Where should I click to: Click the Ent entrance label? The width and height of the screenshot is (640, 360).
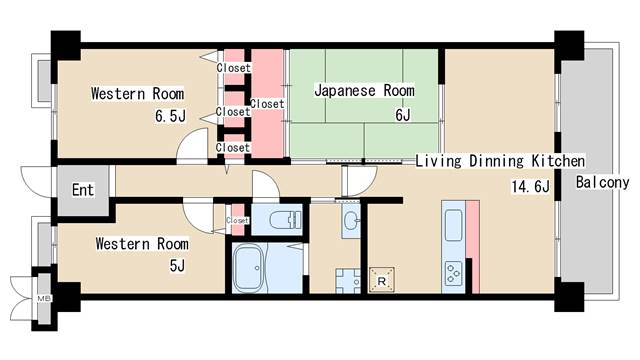coord(82,190)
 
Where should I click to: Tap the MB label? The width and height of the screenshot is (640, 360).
coord(44,298)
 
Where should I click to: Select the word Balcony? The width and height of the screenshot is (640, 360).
coord(602,182)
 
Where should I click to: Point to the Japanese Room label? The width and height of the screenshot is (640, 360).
coord(364,91)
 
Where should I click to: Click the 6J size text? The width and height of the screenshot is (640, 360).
coord(402,115)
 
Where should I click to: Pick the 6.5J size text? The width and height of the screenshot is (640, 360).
coord(170,116)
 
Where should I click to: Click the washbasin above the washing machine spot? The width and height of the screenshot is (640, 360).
coord(350,221)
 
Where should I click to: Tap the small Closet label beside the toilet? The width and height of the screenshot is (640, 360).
coord(238,220)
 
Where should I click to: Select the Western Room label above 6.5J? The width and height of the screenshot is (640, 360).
coord(137,94)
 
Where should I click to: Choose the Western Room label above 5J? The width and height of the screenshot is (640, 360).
coord(142,243)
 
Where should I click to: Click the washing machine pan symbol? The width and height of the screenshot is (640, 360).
coord(347,280)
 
